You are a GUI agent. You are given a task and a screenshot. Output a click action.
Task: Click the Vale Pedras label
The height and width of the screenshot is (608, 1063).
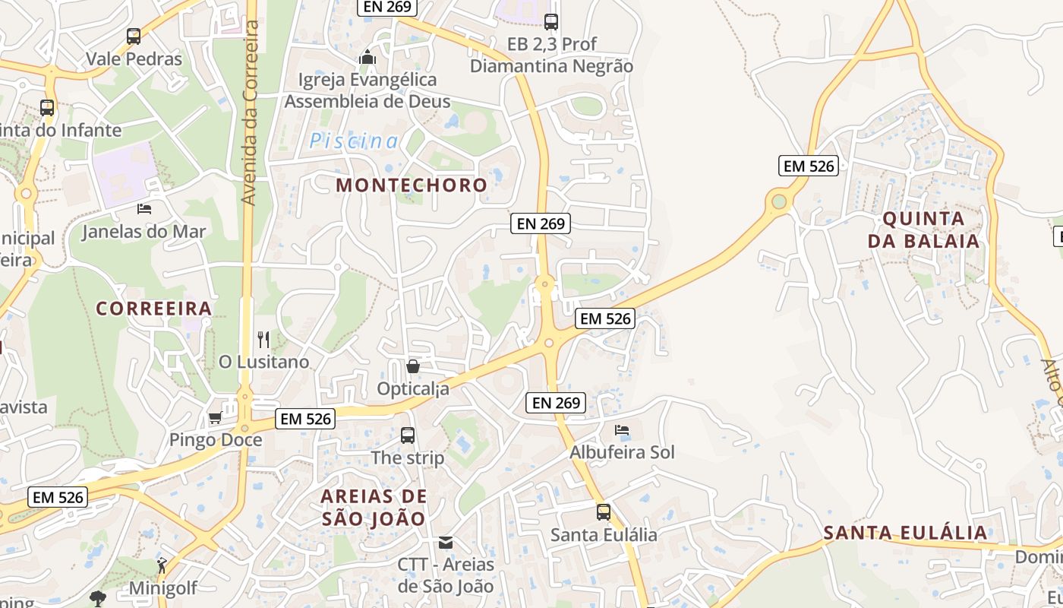[134, 59]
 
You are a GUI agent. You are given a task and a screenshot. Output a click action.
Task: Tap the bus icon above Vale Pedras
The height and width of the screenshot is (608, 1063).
[134, 36]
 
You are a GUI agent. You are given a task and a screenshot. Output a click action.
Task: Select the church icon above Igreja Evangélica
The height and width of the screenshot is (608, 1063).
[367, 57]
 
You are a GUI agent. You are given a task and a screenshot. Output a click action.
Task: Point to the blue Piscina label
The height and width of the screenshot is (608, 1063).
[354, 141]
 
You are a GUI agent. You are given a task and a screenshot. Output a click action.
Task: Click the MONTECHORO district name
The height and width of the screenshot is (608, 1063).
[412, 185]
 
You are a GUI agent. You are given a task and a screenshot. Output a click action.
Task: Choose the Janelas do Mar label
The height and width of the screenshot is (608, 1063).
[144, 232]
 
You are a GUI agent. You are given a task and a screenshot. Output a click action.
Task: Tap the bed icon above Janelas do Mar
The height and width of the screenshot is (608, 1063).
[144, 208]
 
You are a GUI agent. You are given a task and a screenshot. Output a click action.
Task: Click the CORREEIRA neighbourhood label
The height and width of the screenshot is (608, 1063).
[154, 308]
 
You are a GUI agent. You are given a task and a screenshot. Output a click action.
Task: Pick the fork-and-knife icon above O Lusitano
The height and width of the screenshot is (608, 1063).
[263, 339]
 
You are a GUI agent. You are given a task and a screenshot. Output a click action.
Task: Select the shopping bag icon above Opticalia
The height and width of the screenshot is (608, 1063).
[413, 366]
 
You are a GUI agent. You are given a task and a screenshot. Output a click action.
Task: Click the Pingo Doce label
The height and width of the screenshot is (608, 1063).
[216, 440]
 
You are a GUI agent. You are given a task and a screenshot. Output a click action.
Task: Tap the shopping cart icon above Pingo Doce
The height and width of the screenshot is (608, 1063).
[216, 417]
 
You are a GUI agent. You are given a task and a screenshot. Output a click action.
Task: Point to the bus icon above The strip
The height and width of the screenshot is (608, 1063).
[408, 435]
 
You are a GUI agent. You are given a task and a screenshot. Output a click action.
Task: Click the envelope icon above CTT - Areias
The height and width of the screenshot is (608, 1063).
[446, 543]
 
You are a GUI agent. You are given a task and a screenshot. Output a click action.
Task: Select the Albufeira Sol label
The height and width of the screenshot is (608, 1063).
[622, 452]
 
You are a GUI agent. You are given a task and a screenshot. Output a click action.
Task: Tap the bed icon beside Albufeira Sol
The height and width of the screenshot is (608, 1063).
[622, 430]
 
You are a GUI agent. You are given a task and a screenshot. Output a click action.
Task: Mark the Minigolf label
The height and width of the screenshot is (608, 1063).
[162, 588]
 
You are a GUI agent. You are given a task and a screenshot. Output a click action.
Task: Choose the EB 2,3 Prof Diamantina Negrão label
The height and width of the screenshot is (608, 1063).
[551, 55]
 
